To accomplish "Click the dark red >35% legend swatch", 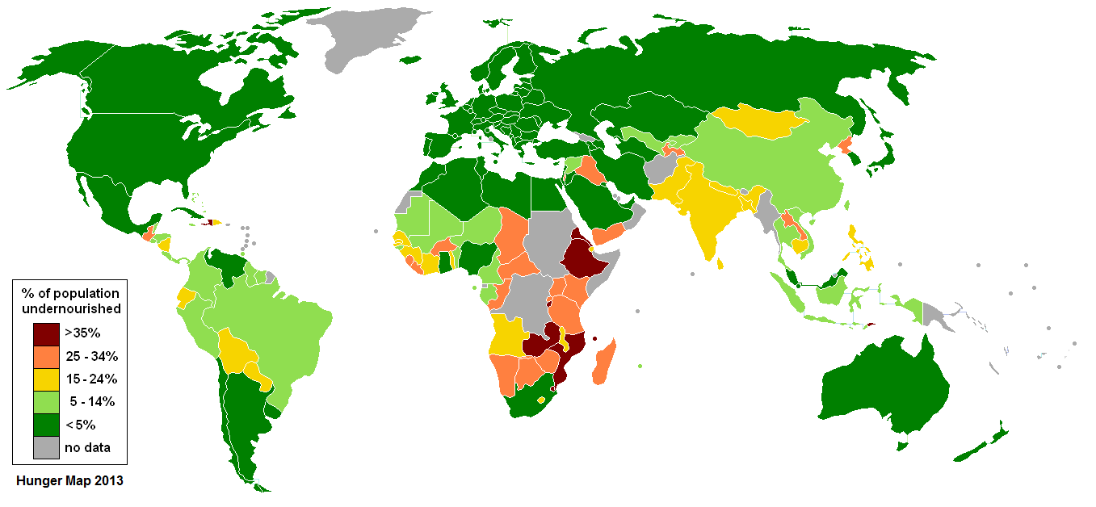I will (x=45, y=333).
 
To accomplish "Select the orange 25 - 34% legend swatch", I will (x=45, y=355).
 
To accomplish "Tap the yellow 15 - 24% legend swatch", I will (x=45, y=379).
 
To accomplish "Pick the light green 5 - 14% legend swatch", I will (x=45, y=401).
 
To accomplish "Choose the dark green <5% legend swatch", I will (x=45, y=425).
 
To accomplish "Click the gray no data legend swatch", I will (x=45, y=447).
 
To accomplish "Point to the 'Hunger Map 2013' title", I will (x=70, y=481).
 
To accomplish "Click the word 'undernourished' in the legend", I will (x=71, y=308).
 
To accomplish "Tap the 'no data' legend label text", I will (x=87, y=447).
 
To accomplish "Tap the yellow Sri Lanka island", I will (x=721, y=262).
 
